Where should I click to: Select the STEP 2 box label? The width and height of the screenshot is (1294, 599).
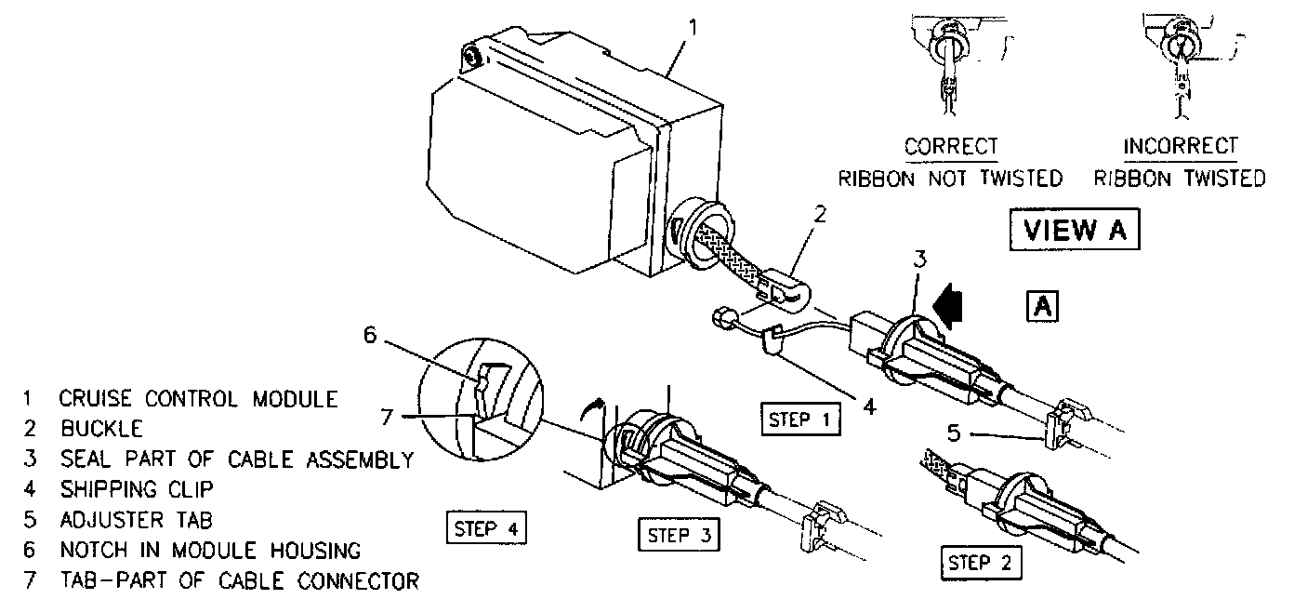[981, 563]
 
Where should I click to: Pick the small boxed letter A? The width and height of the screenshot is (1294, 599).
[1042, 305]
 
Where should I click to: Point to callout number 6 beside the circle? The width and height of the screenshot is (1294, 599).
[370, 335]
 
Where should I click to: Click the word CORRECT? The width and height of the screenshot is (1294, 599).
[951, 147]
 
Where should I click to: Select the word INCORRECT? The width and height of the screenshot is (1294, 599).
[1181, 147]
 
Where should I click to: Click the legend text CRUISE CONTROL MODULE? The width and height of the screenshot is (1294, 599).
[198, 400]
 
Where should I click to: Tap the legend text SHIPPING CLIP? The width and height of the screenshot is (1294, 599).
[137, 488]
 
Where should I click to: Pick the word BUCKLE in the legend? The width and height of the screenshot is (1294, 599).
[101, 429]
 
